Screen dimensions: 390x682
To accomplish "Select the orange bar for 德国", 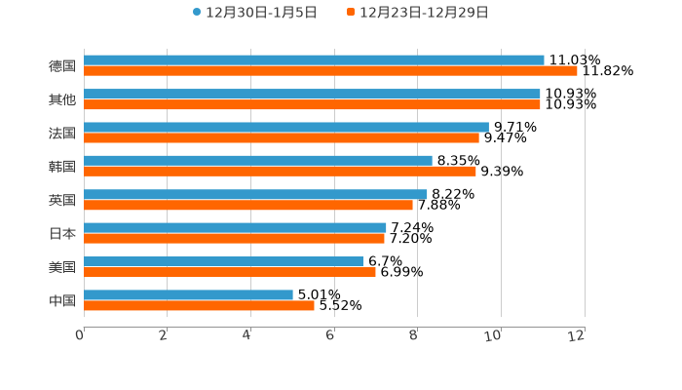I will coord(330,71).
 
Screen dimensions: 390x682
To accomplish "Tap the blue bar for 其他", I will coord(312,94).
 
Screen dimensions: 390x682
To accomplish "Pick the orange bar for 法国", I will coord(282,137).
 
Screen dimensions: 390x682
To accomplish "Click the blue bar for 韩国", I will coord(258,161).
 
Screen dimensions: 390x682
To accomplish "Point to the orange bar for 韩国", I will coord(280,172).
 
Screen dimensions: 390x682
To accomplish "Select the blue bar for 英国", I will coord(255,194).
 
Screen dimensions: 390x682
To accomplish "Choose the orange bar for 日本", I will coord(234,239).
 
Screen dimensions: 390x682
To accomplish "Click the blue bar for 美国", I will coord(223,261).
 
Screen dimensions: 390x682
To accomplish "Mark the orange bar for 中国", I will coord(199,306).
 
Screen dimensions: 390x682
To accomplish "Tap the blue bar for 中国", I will coord(188,294).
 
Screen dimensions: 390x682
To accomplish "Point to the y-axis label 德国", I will coord(62,66).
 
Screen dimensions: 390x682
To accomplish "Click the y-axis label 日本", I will coord(62,234).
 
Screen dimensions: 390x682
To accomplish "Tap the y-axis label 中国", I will coord(62,301).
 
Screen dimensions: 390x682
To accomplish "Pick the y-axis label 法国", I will coord(62,134).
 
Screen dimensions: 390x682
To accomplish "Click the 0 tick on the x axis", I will coord(81,335).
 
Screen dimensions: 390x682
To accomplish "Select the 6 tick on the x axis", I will coord(331,335).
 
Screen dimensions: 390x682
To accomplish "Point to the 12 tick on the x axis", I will coord(578,335).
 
